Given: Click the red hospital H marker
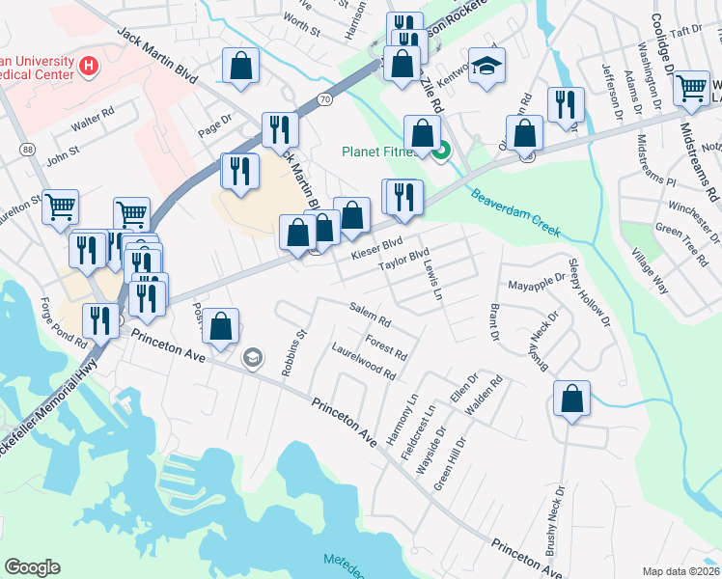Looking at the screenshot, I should pyautogui.click(x=89, y=66).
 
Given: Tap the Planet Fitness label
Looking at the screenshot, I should pyautogui.click(x=380, y=152).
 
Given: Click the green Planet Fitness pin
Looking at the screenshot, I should pyautogui.click(x=440, y=152).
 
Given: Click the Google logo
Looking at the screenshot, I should pyautogui.click(x=32, y=566).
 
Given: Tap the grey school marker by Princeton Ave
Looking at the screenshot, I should pyautogui.click(x=253, y=358).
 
